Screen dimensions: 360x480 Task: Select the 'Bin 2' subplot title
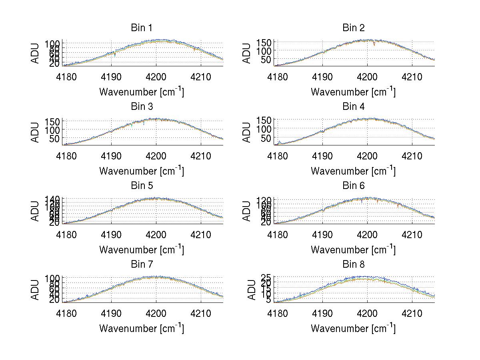coord(354,28)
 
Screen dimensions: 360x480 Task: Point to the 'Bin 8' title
coord(354,264)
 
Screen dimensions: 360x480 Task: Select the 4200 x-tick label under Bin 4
coord(368,155)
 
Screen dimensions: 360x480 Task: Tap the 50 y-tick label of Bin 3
coord(55,138)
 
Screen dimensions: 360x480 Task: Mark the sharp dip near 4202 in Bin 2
coord(374,45)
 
